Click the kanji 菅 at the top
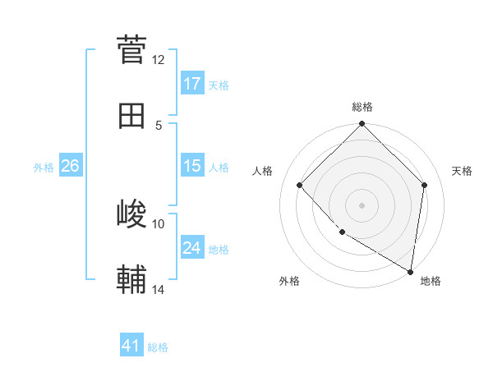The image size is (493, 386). (x=131, y=48)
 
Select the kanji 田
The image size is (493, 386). (x=131, y=116)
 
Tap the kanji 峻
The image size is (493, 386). (x=131, y=214)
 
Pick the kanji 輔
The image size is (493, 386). (x=131, y=280)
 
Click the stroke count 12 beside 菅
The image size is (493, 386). (x=159, y=59)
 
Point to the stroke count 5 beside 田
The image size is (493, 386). (x=159, y=125)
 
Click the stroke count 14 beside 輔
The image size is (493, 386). (x=159, y=289)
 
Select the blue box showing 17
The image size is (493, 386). (x=192, y=84)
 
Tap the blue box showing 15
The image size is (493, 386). (x=192, y=166)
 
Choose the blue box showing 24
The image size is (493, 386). (x=192, y=248)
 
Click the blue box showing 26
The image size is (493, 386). (x=70, y=166)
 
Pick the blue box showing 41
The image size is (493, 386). (x=131, y=346)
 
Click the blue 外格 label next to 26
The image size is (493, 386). (x=44, y=167)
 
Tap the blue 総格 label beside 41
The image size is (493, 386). (x=158, y=347)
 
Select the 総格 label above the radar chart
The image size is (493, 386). (x=362, y=107)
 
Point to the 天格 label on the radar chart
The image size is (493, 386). (x=462, y=171)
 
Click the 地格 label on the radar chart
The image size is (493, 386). (x=431, y=281)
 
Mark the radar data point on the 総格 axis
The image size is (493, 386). (x=362, y=125)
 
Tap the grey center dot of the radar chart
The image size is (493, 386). (x=362, y=204)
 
